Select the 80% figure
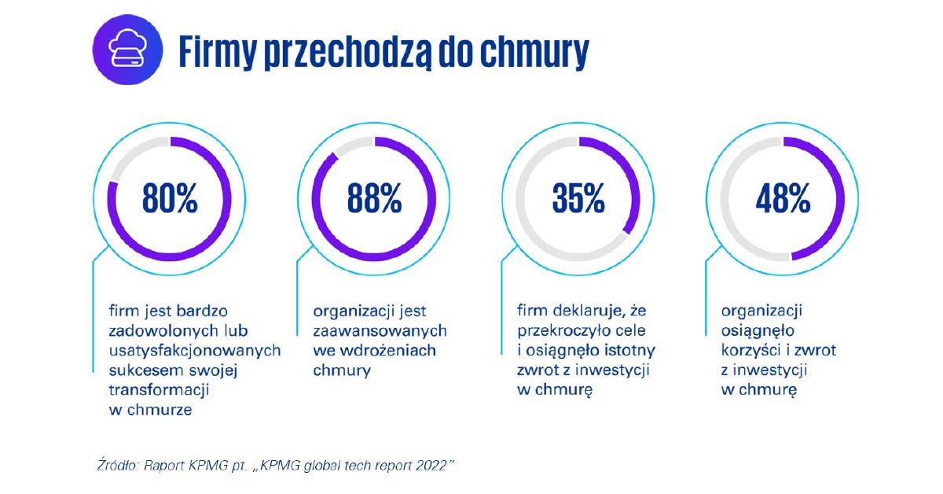(x=169, y=199)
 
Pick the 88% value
(x=374, y=199)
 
